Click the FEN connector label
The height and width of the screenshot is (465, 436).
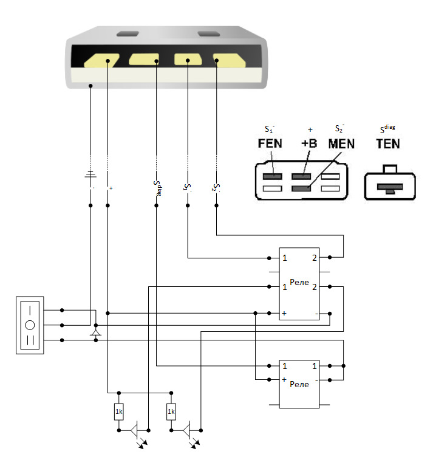pyautogui.click(x=270, y=143)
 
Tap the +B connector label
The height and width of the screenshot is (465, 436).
pyautogui.click(x=309, y=143)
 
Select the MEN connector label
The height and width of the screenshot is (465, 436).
pyautogui.click(x=341, y=144)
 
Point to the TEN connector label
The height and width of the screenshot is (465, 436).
pyautogui.click(x=388, y=144)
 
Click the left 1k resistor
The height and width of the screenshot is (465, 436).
pyautogui.click(x=119, y=412)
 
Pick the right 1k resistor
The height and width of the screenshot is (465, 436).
pyautogui.click(x=171, y=412)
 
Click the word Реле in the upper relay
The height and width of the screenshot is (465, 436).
pyautogui.click(x=299, y=282)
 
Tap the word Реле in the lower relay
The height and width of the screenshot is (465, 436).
pyautogui.click(x=299, y=384)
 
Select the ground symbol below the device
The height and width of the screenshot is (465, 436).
pyautogui.click(x=90, y=174)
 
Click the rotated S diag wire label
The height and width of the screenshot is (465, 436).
pyautogui.click(x=157, y=188)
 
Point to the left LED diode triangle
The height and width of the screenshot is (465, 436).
pyautogui.click(x=134, y=430)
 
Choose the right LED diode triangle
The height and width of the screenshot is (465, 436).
pyautogui.click(x=186, y=430)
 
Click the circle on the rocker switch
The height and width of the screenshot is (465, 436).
pyautogui.click(x=30, y=325)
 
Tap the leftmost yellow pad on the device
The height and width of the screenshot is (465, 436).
pyautogui.click(x=101, y=61)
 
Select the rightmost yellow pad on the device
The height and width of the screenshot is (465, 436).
pyautogui.click(x=230, y=60)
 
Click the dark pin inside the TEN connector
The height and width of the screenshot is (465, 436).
pyautogui.click(x=390, y=188)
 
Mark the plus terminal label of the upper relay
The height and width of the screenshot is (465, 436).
pyautogui.click(x=284, y=313)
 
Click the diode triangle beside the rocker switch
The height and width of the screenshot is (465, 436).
pyautogui.click(x=95, y=332)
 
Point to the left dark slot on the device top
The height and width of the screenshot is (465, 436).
pyautogui.click(x=128, y=34)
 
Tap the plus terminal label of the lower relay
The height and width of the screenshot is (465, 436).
pyautogui.click(x=284, y=379)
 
